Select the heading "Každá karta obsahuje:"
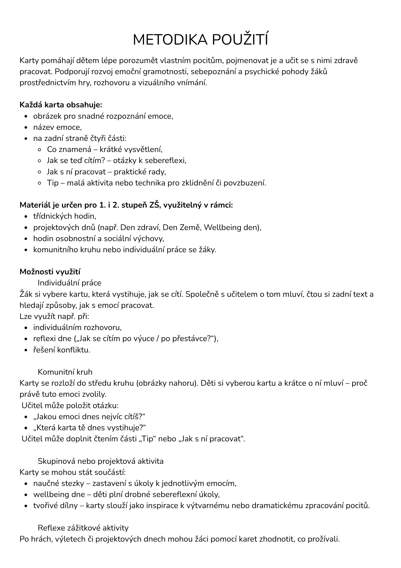(x=61, y=105)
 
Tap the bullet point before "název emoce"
(x=26, y=128)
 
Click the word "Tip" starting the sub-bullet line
(x=52, y=183)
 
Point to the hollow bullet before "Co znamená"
(x=40, y=149)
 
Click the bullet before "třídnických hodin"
(x=26, y=217)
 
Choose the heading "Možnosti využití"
(x=50, y=272)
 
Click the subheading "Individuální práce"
(x=69, y=283)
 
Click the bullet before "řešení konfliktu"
(x=26, y=350)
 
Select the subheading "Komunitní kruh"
(x=65, y=372)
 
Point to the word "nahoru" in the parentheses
(x=183, y=383)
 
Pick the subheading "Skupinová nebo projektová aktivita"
(x=101, y=461)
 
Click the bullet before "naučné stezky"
(x=26, y=484)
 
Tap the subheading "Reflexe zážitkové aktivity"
(x=83, y=528)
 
